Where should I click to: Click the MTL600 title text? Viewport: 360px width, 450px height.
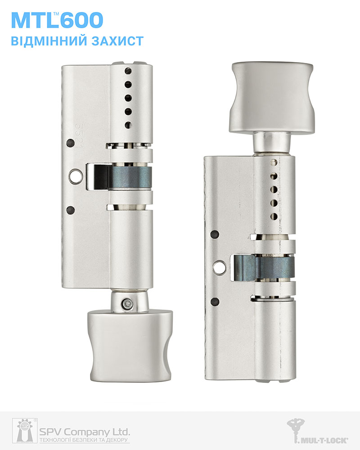[57, 20]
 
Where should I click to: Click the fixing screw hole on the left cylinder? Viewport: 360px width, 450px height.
[74, 176]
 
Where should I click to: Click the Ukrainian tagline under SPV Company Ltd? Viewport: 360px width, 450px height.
[85, 440]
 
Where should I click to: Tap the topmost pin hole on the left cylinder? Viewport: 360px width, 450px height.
[128, 71]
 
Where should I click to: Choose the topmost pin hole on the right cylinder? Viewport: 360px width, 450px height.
[273, 161]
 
